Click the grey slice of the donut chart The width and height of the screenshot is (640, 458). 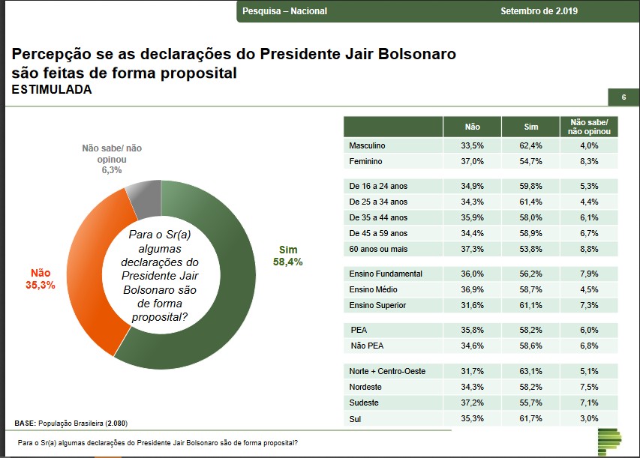click(x=143, y=196)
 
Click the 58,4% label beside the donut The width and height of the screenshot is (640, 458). click(x=289, y=262)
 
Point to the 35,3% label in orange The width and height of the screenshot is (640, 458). click(x=41, y=286)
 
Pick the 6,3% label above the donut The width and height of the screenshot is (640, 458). click(x=112, y=170)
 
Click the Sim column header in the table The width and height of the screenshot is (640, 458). click(x=530, y=127)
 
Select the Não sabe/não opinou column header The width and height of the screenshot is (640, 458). click(x=589, y=127)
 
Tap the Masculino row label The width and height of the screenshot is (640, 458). click(x=367, y=145)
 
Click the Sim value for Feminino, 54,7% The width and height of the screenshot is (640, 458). click(x=530, y=161)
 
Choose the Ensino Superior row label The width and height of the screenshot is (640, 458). click(x=379, y=305)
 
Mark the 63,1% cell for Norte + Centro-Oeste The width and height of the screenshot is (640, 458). click(x=530, y=370)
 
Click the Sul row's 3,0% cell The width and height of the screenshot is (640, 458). click(x=589, y=418)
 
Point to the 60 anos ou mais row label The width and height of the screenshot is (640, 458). click(x=378, y=249)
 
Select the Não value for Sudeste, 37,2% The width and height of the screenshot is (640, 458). click(x=472, y=403)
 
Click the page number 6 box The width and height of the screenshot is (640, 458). click(x=623, y=97)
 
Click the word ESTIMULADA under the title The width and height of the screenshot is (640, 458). click(x=52, y=90)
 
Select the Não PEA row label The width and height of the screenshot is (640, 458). click(x=368, y=346)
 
